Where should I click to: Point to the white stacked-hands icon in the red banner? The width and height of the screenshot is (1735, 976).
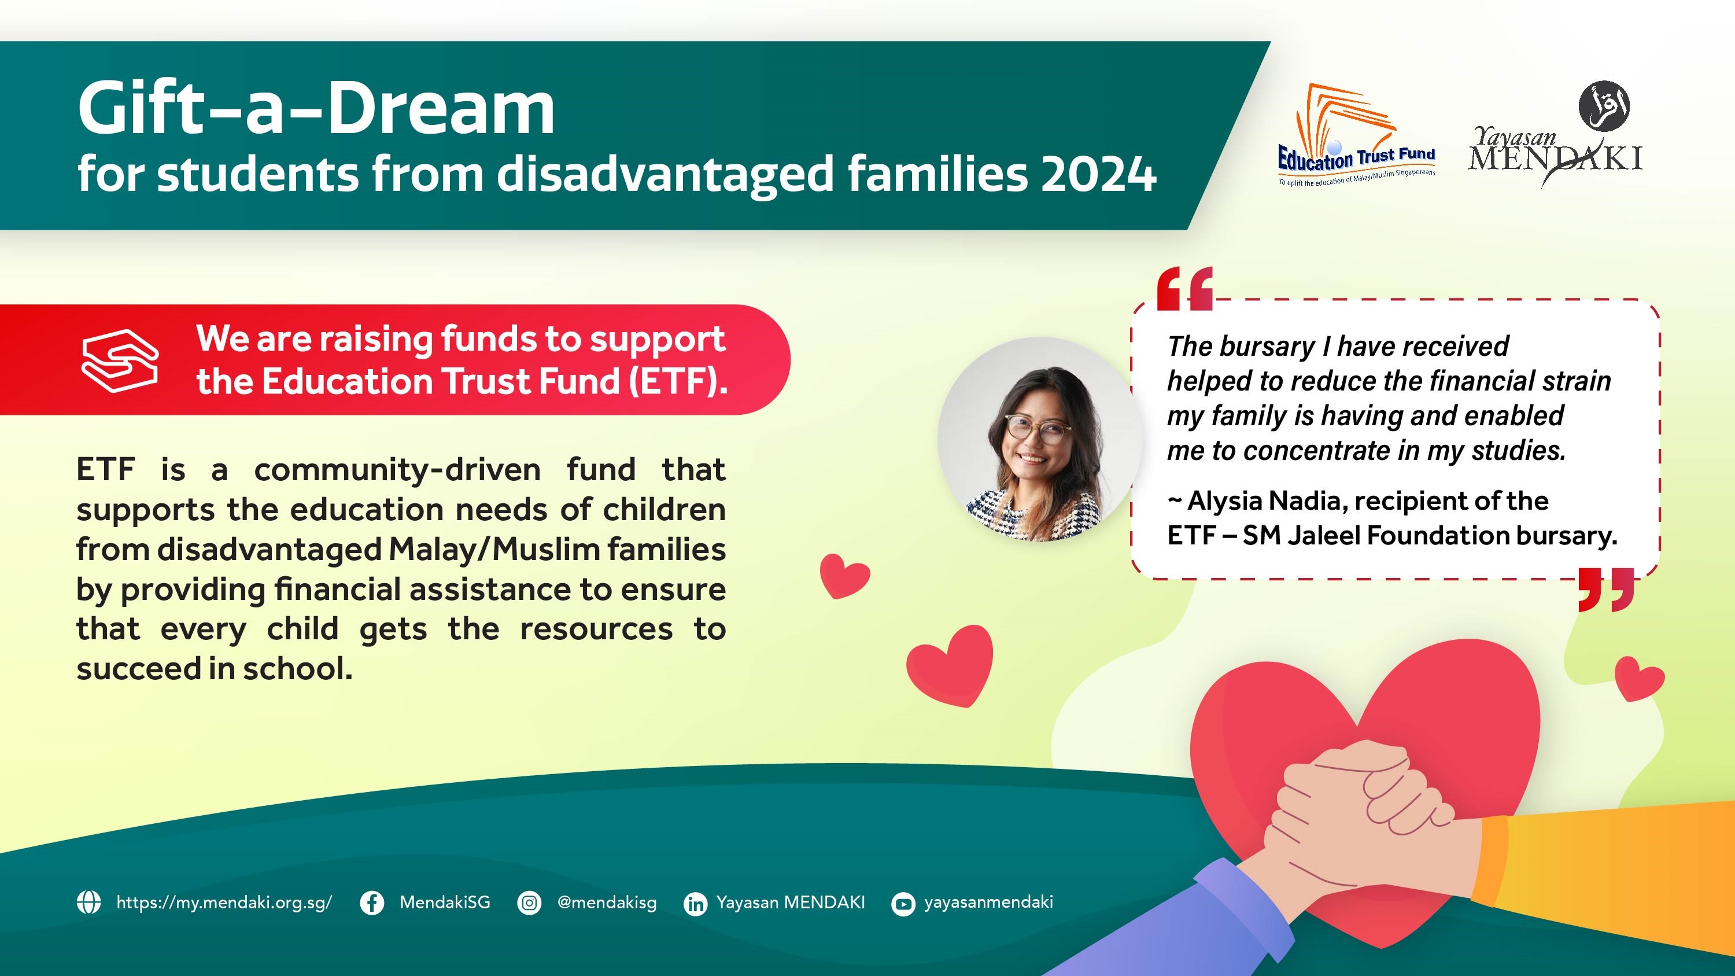click(x=120, y=360)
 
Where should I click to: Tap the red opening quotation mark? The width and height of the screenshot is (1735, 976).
click(x=1185, y=288)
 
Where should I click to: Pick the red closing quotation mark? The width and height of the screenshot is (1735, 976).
click(x=1607, y=590)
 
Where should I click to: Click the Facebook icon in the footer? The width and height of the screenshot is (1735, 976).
click(x=372, y=903)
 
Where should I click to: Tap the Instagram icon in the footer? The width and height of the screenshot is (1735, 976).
click(x=529, y=903)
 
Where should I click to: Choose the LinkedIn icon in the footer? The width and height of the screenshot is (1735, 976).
click(x=696, y=903)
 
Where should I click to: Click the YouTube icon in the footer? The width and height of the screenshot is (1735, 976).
click(x=903, y=903)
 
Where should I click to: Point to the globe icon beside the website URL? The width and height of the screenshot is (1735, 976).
click(x=89, y=902)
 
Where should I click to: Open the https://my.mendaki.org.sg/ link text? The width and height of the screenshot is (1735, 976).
click(x=224, y=903)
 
